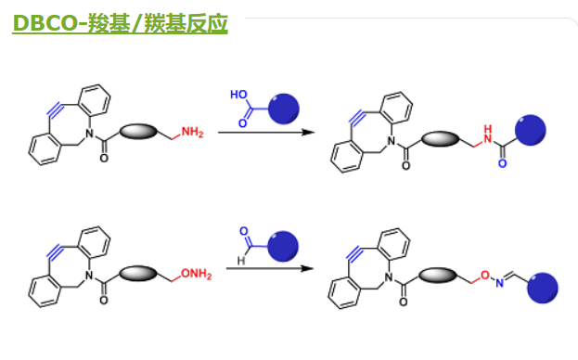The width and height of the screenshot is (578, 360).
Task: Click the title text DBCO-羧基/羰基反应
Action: coord(120,20)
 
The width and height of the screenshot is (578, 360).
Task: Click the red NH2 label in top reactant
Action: coord(192,132)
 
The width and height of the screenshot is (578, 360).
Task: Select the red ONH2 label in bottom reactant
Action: coord(196,272)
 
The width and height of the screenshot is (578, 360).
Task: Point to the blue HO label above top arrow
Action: coord(239,95)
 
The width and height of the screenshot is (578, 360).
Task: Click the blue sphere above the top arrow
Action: coord(284,108)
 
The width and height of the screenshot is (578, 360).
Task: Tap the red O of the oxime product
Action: coord(485,274)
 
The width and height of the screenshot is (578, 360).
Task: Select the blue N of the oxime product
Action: coord(498,283)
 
